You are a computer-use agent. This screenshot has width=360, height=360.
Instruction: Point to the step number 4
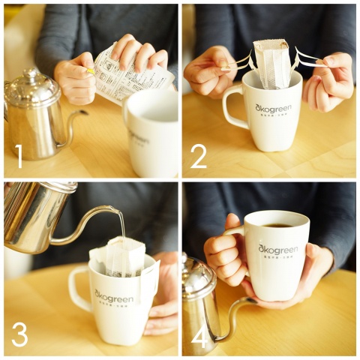199,336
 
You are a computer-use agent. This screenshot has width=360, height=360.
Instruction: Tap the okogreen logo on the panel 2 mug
273,108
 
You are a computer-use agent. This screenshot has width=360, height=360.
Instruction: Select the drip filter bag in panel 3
123,258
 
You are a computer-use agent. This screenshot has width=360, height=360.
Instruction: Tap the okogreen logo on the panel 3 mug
114,299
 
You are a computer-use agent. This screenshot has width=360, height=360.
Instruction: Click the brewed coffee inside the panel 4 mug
277,223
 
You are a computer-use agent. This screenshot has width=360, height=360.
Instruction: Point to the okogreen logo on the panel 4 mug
277,249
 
